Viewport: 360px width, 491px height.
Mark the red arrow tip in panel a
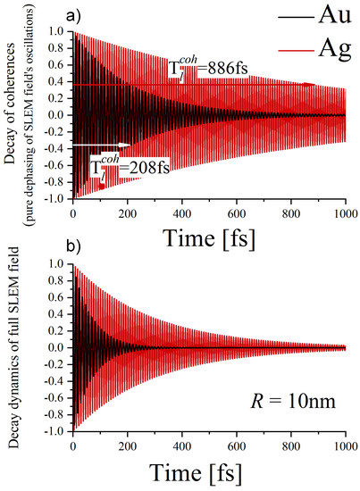(314, 85)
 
